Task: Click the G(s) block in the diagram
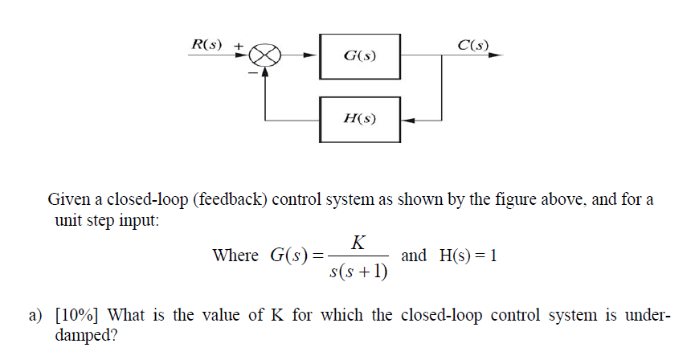pos(359,56)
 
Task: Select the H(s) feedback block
pos(359,119)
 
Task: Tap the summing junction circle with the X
pos(264,56)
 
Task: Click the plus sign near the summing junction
pos(238,46)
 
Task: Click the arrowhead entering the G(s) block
pos(314,56)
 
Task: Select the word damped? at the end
pos(85,335)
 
